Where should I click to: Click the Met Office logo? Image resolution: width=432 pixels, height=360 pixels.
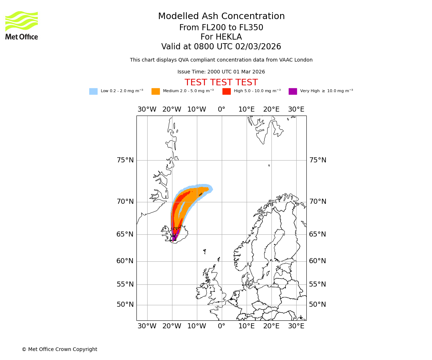[x=22, y=25]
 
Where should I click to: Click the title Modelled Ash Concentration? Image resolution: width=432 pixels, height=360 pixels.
[x=221, y=17]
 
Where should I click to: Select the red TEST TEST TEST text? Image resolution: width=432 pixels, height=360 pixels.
[x=221, y=82]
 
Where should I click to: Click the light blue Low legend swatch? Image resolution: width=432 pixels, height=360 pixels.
[x=93, y=91]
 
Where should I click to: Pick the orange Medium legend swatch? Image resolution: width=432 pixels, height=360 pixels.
[x=156, y=91]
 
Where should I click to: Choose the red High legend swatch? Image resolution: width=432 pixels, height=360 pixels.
[x=226, y=91]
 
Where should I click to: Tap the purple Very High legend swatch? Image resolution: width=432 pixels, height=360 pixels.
[x=293, y=91]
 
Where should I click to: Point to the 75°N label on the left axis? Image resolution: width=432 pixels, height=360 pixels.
[x=125, y=160]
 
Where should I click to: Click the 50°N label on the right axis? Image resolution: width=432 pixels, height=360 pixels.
[x=318, y=305]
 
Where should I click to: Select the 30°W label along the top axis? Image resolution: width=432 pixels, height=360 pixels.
[x=147, y=109]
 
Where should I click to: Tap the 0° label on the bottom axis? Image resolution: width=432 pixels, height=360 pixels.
[x=221, y=326]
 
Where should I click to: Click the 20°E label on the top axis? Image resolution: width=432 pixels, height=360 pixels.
[x=271, y=109]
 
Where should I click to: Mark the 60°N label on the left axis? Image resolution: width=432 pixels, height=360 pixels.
[x=125, y=261]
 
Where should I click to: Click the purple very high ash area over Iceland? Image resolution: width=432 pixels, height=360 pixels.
[x=175, y=236]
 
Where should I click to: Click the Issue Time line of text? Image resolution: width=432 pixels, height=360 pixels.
[x=221, y=72]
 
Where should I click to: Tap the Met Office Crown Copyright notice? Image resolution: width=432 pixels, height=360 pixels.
[x=59, y=349]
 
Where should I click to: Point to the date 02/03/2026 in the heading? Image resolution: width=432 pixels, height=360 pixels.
[x=258, y=47]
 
